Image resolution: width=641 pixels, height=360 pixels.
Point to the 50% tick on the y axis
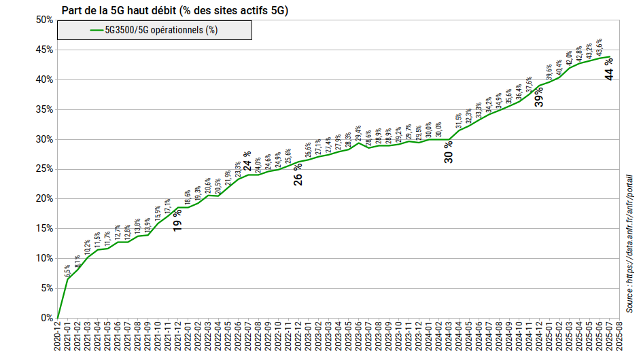tap(45, 20)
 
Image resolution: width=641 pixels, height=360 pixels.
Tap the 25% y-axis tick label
tap(45, 169)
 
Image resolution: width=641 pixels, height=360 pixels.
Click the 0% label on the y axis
tap(47, 318)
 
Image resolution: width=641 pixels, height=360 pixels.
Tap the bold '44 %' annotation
tap(609, 70)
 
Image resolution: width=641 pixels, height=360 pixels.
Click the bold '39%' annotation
tap(539, 96)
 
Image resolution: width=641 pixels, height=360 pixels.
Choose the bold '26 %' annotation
tap(298, 175)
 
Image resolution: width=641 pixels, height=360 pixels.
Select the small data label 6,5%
tap(67, 271)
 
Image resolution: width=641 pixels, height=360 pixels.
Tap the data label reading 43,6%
tap(599, 48)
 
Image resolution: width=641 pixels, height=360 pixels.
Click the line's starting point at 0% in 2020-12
tap(58, 317)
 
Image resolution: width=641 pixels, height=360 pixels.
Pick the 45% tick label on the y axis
tap(45, 50)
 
